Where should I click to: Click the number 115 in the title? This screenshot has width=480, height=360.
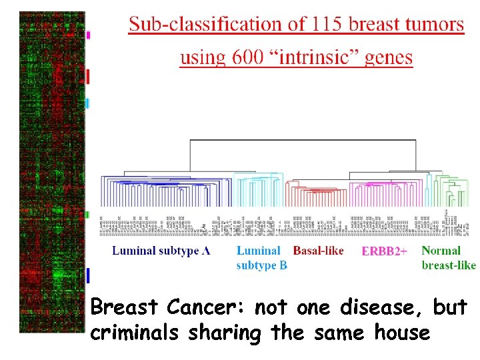(324, 25)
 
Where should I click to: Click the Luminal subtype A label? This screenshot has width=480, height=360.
(161, 251)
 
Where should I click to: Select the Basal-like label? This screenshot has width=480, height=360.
(319, 251)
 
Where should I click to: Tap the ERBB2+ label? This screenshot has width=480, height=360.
(384, 252)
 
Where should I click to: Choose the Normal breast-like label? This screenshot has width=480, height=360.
(448, 258)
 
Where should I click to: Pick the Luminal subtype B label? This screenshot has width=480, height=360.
(261, 258)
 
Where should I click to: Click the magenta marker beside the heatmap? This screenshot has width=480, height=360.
(88, 34)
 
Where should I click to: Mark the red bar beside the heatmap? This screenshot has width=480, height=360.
(88, 76)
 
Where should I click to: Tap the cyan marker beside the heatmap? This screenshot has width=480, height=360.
(87, 103)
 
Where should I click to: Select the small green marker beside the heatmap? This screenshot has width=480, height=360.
(87, 215)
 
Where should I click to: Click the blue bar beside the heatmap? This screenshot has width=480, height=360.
(87, 274)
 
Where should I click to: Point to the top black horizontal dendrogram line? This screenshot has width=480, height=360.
(303, 141)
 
